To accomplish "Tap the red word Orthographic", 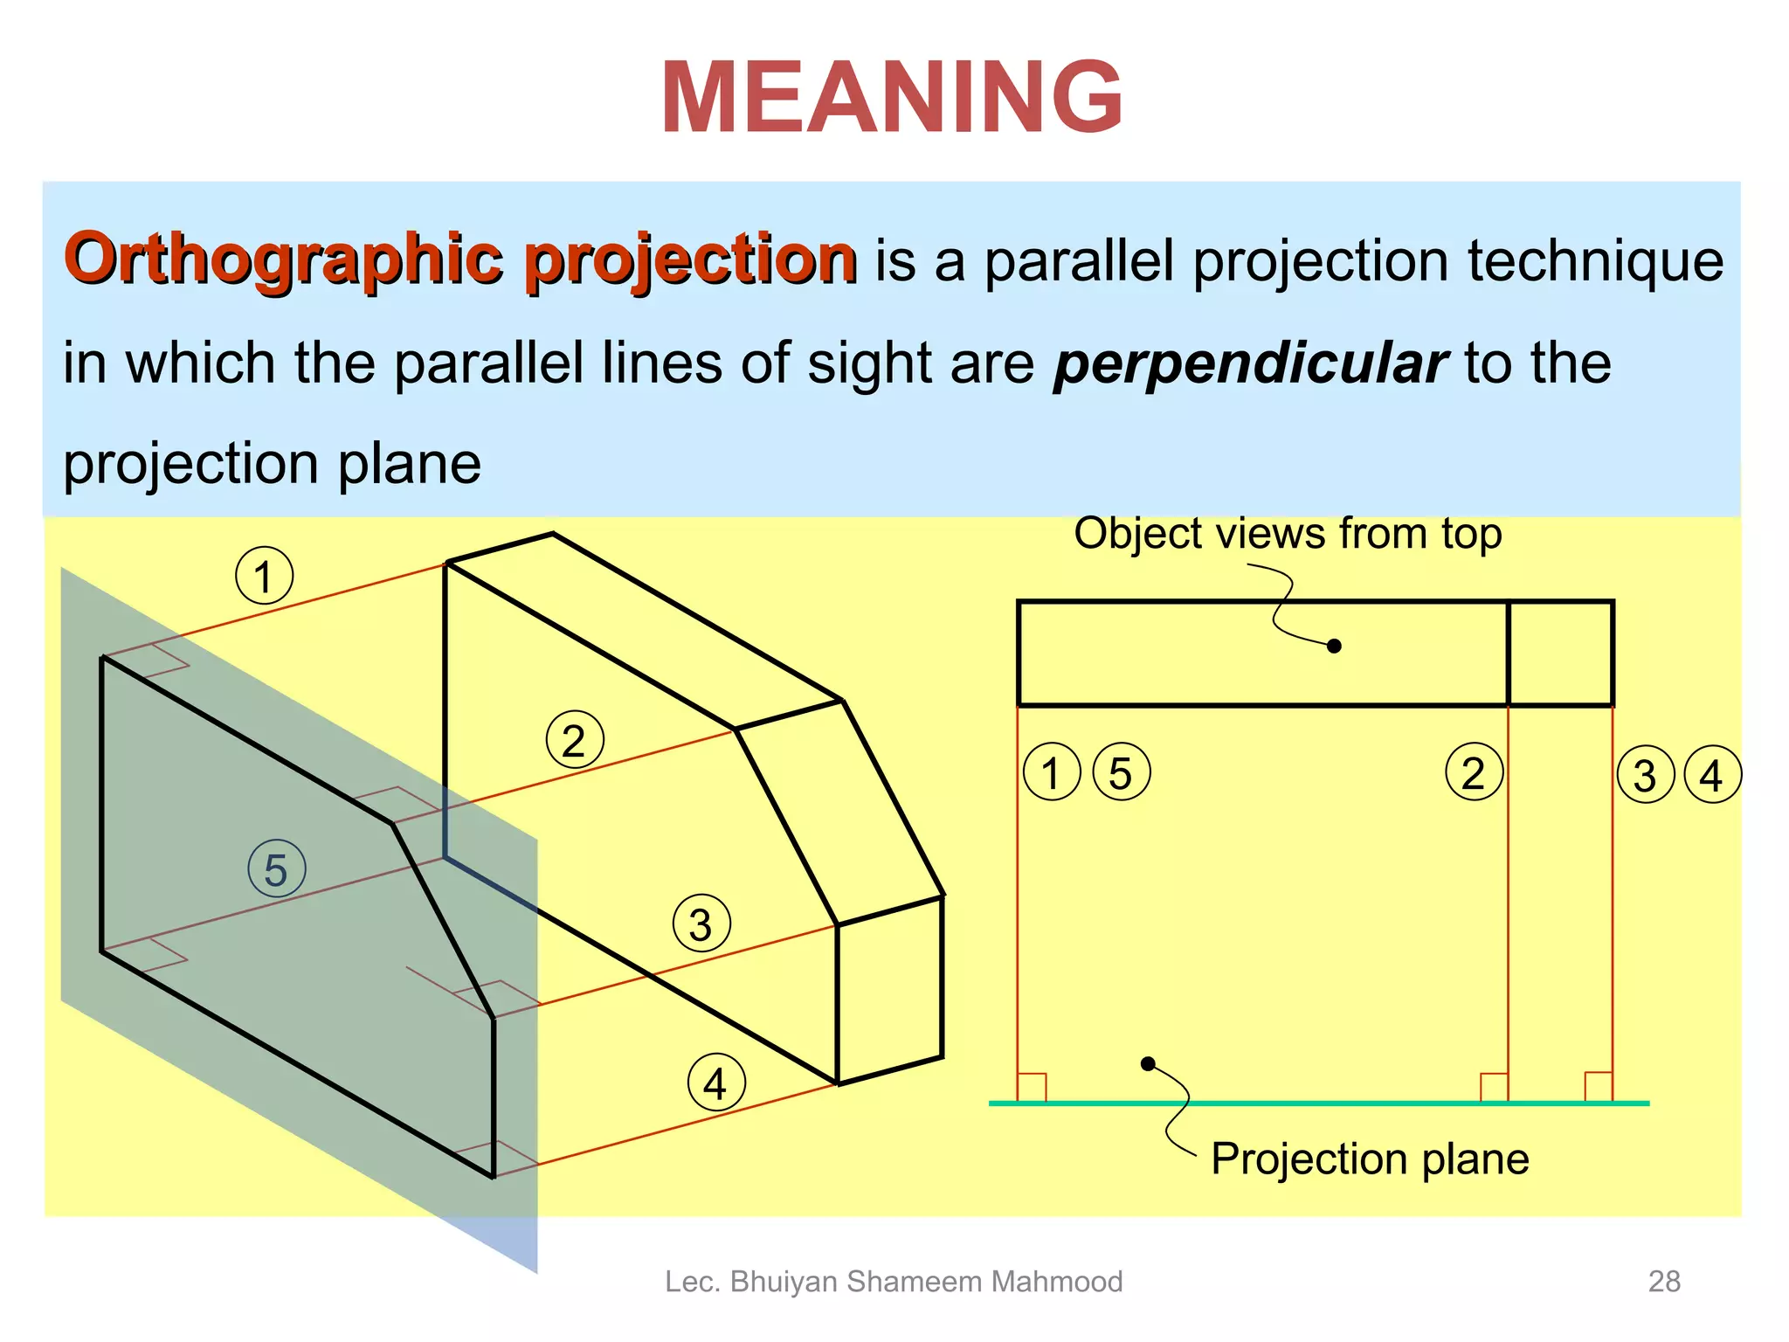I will [x=281, y=259].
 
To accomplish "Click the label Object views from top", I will [x=1287, y=534].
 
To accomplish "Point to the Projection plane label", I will [x=1369, y=1159].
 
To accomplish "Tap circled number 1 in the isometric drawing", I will [x=264, y=576].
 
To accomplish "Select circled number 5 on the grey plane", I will [x=276, y=869].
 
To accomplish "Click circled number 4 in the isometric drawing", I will [x=716, y=1083].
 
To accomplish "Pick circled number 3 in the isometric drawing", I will [x=701, y=924].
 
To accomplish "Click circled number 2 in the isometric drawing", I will [x=574, y=740].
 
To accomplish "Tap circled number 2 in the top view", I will [x=1474, y=772].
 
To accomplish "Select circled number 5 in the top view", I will [x=1121, y=773].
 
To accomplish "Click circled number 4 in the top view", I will [x=1712, y=775].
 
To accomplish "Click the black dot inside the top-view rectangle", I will [x=1334, y=647].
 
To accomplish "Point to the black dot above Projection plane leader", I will [x=1149, y=1063].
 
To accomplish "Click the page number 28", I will [x=1663, y=1282].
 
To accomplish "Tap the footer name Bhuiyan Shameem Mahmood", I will [x=926, y=1282].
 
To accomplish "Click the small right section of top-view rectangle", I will [x=1560, y=653].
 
